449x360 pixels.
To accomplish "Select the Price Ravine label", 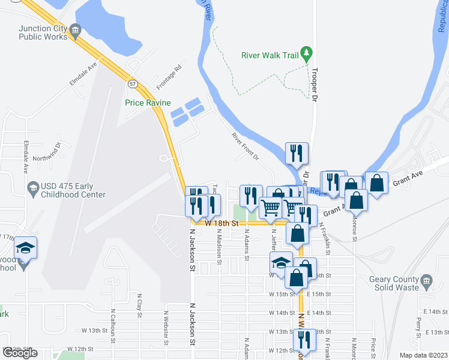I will click(148, 103).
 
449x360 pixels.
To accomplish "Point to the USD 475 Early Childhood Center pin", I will click(33, 190).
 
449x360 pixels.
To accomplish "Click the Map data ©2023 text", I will click(424, 355).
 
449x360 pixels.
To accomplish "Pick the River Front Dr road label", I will click(245, 146).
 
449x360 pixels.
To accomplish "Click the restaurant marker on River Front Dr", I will click(296, 154).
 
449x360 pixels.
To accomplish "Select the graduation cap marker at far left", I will click(26, 247).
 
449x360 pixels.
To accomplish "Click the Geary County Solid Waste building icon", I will click(427, 281).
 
